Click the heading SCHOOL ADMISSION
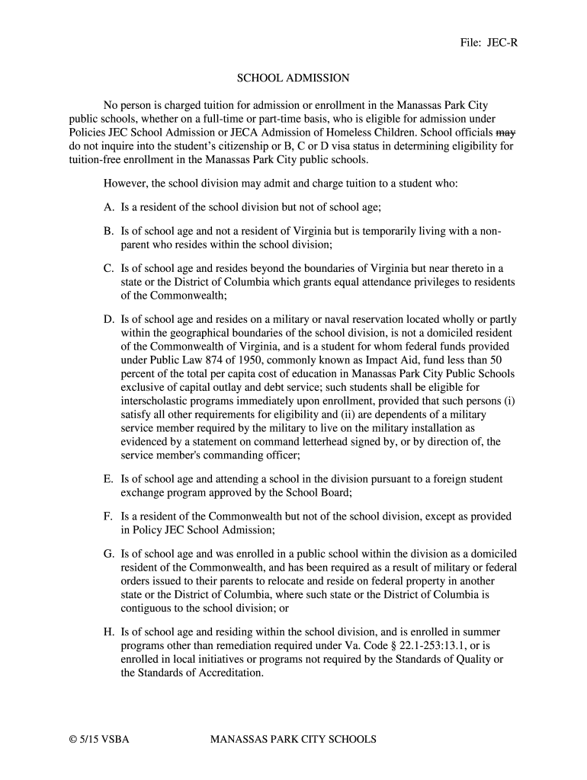click(x=293, y=78)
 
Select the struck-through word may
click(x=506, y=132)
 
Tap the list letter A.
click(x=108, y=206)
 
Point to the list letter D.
click(x=108, y=319)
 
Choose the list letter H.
click(x=108, y=632)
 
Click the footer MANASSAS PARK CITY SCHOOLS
click(x=293, y=739)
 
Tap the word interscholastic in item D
click(x=159, y=401)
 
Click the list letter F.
click(x=108, y=516)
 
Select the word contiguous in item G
click(x=147, y=609)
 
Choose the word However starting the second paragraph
click(x=126, y=184)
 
